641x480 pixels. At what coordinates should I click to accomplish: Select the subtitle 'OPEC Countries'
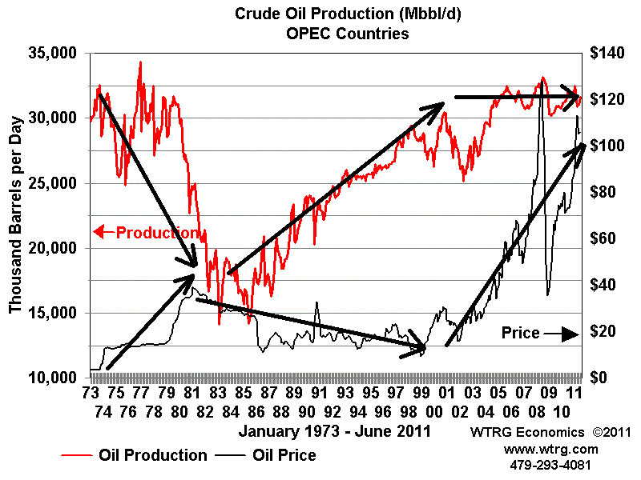[347, 34]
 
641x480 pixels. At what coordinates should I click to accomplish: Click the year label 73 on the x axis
[91, 393]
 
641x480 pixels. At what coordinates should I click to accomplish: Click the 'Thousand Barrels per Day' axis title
[16, 214]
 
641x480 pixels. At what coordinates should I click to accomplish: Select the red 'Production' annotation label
[155, 233]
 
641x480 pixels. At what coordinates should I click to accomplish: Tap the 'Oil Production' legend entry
[152, 456]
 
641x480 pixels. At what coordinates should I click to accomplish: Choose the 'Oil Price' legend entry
[284, 456]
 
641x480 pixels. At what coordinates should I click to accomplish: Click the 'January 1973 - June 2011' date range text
[334, 431]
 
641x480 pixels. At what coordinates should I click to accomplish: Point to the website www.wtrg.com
[550, 449]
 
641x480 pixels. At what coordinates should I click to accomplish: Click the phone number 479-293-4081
[550, 465]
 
